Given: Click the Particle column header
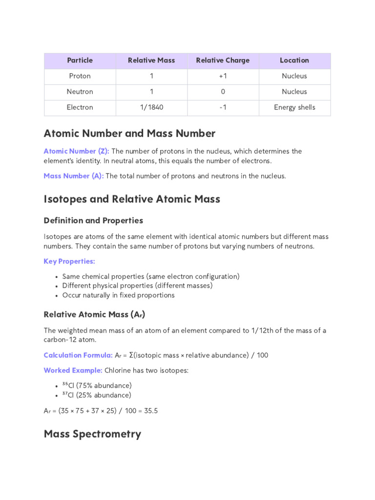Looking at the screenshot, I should pyautogui.click(x=80, y=61).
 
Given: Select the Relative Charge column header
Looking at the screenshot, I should pyautogui.click(x=223, y=61).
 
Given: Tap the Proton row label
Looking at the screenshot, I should pyautogui.click(x=80, y=76).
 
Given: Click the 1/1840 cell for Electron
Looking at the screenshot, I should pyautogui.click(x=151, y=107).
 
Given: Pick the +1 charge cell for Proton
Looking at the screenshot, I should pyautogui.click(x=223, y=76).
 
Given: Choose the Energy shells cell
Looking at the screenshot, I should pyautogui.click(x=294, y=107).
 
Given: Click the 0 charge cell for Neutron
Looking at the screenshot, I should pyautogui.click(x=223, y=92).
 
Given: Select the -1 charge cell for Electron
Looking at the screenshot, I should pyautogui.click(x=223, y=107).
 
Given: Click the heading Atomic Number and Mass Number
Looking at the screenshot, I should pyautogui.click(x=129, y=133).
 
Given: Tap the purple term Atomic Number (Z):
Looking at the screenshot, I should pyautogui.click(x=76, y=151).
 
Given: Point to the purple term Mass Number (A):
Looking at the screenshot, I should pyautogui.click(x=73, y=176).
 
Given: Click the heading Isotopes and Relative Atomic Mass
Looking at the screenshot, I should pyautogui.click(x=132, y=199).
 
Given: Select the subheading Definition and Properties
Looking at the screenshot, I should pyautogui.click(x=93, y=221).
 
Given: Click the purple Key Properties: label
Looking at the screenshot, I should pyautogui.click(x=69, y=261).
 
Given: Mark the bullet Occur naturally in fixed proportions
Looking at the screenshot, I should pyautogui.click(x=118, y=295).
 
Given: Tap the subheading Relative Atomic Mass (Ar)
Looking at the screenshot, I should pyautogui.click(x=94, y=314).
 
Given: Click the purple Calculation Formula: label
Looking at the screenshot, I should pyautogui.click(x=78, y=355).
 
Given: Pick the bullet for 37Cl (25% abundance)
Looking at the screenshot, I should pyautogui.click(x=97, y=395).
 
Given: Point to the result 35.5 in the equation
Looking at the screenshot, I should pyautogui.click(x=151, y=411).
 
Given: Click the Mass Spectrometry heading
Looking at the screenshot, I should pyautogui.click(x=92, y=434).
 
